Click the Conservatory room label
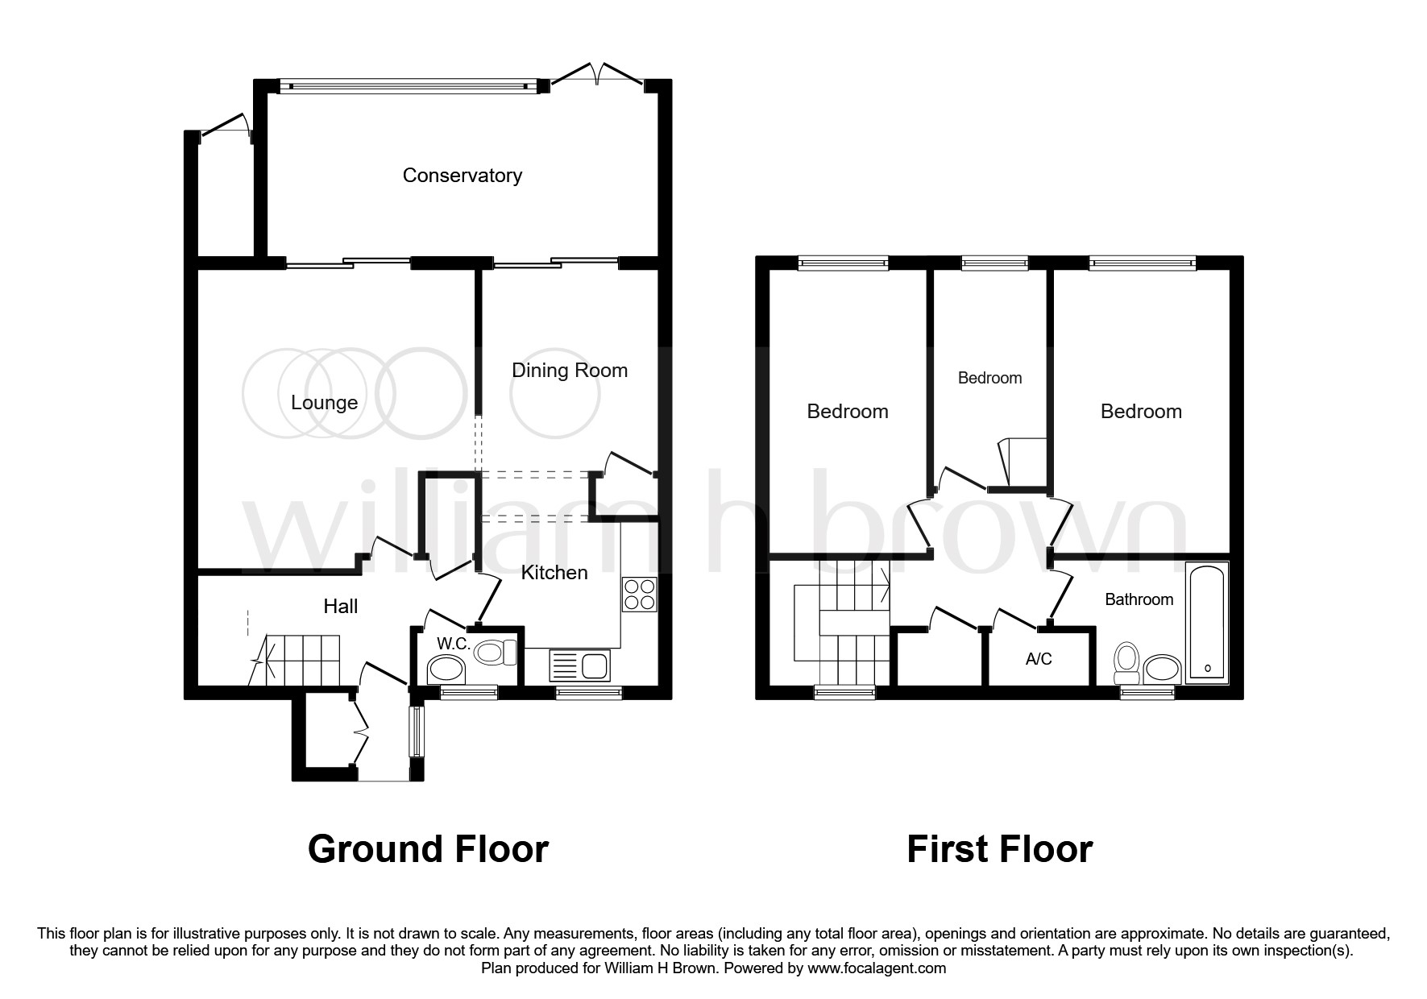tap(462, 176)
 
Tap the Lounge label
tap(324, 403)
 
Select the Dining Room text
tap(569, 371)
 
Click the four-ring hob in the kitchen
tap(639, 595)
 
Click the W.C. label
tap(453, 644)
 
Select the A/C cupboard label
tap(1039, 659)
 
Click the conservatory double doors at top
tap(597, 75)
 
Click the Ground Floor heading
tap(428, 849)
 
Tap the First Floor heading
tap(999, 849)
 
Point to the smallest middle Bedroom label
tap(989, 378)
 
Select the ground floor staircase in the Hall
tap(300, 658)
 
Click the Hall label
tap(340, 607)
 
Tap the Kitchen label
tap(554, 573)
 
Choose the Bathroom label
tap(1139, 599)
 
